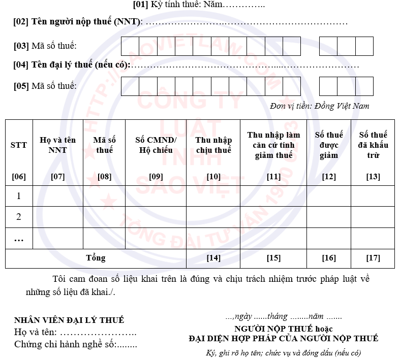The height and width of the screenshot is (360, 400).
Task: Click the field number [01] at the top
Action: click(x=140, y=5)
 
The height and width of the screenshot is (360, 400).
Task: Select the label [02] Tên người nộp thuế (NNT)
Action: click(x=78, y=22)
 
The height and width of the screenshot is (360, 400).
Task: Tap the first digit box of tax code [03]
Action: click(x=130, y=46)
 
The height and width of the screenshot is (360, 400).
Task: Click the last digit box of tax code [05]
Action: click(x=364, y=86)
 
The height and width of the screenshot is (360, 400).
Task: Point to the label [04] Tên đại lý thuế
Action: click(x=72, y=65)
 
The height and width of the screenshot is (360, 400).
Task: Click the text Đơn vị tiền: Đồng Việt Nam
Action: click(x=320, y=106)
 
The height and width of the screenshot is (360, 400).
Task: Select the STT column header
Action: click(x=19, y=145)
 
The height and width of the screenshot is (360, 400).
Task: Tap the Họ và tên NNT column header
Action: click(x=57, y=145)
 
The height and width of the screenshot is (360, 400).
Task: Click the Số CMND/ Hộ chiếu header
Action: click(x=156, y=145)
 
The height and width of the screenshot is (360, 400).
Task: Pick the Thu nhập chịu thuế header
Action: click(x=213, y=145)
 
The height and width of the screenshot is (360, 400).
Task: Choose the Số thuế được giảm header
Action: click(x=329, y=145)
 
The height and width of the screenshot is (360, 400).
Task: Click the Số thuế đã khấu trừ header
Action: click(x=373, y=145)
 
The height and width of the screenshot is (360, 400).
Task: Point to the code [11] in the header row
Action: click(x=273, y=177)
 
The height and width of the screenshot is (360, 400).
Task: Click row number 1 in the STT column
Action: click(x=19, y=196)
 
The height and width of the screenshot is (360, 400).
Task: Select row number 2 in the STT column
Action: click(x=19, y=217)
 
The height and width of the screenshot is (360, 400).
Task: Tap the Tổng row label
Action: click(x=96, y=258)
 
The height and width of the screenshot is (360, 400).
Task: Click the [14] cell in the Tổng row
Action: click(x=213, y=258)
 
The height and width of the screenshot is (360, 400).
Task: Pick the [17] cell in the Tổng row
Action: click(x=373, y=258)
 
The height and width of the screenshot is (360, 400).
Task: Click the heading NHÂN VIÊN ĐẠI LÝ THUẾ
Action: click(x=69, y=320)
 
